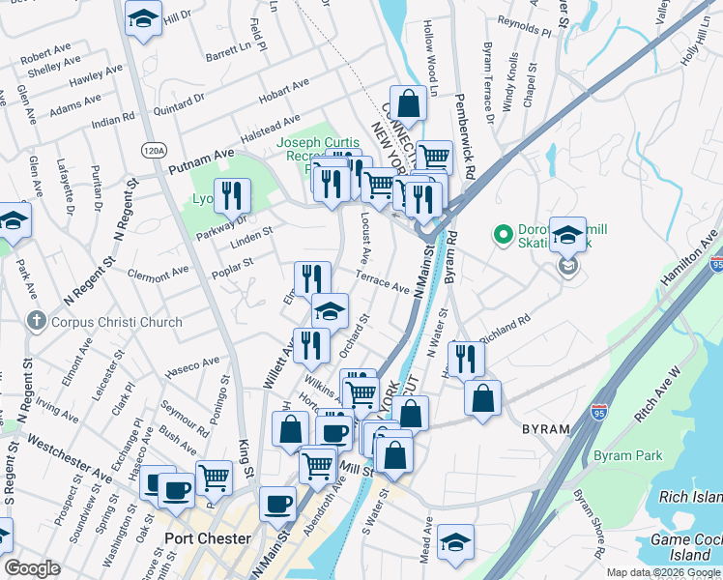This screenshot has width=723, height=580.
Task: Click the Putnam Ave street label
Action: [202, 161]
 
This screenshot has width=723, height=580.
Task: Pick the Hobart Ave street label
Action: [283, 94]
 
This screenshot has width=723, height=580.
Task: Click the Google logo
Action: [32, 568]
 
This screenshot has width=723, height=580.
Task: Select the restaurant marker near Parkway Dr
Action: [232, 194]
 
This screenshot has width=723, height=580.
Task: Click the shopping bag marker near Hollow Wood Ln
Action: [409, 102]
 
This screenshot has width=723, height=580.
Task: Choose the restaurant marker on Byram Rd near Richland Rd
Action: [466, 358]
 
